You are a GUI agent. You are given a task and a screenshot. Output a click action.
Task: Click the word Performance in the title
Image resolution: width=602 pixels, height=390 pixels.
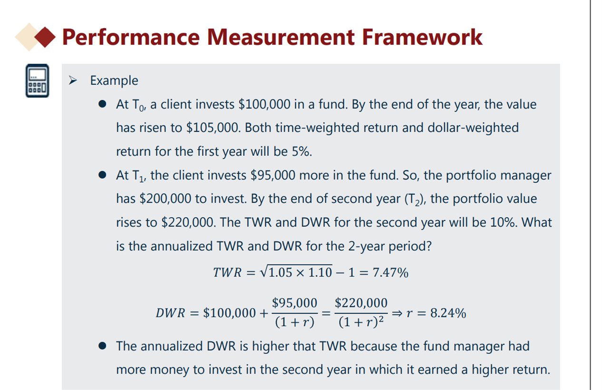(x=131, y=38)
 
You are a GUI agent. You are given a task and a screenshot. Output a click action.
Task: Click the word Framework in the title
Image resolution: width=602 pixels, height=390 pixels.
(x=422, y=37)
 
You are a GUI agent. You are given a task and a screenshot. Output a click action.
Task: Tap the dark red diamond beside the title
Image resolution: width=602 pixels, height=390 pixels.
(x=45, y=37)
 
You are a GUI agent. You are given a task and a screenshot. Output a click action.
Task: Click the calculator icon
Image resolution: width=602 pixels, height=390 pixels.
(x=37, y=81)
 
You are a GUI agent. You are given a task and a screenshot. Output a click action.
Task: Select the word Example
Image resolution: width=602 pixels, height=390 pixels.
(x=114, y=80)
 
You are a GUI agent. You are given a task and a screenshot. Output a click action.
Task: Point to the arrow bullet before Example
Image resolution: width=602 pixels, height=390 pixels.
(x=73, y=80)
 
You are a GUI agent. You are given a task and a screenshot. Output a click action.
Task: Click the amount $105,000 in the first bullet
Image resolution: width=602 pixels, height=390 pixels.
(x=213, y=127)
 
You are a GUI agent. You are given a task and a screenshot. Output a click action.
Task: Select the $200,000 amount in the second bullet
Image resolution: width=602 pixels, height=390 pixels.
(x=165, y=199)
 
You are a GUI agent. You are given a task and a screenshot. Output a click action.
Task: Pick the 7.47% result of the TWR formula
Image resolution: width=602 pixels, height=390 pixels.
(x=390, y=273)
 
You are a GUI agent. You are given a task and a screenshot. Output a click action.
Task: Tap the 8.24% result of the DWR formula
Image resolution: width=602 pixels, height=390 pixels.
(x=448, y=313)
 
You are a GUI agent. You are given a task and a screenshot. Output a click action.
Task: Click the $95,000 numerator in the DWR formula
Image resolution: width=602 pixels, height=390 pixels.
(x=294, y=303)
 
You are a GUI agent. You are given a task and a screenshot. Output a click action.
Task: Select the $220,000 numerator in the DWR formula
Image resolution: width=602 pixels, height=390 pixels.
(x=361, y=303)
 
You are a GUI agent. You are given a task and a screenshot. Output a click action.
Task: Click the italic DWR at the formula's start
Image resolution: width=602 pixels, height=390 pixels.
(x=170, y=313)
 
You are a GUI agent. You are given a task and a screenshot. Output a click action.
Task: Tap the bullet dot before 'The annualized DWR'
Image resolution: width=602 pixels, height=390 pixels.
(x=102, y=346)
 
